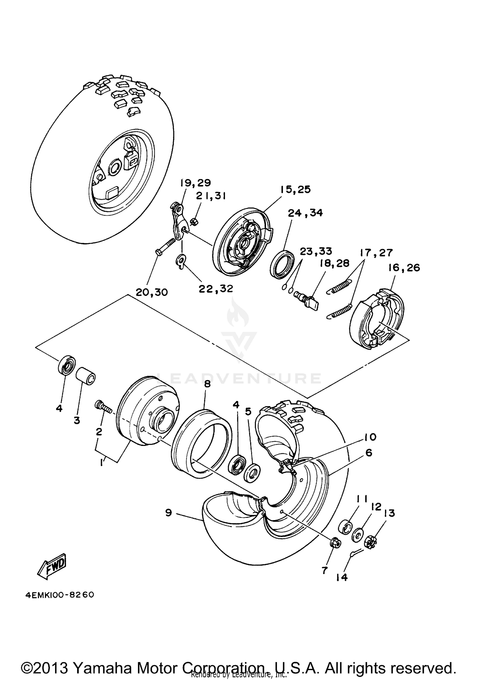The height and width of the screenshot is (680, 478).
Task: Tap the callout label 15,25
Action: pyautogui.click(x=295, y=189)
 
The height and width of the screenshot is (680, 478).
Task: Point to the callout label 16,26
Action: pyautogui.click(x=404, y=268)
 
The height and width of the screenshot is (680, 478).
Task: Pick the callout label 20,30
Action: pyautogui.click(x=152, y=292)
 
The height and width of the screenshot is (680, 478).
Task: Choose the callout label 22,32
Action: pyautogui.click(x=216, y=289)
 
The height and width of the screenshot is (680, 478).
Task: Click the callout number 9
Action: pyautogui.click(x=169, y=512)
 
